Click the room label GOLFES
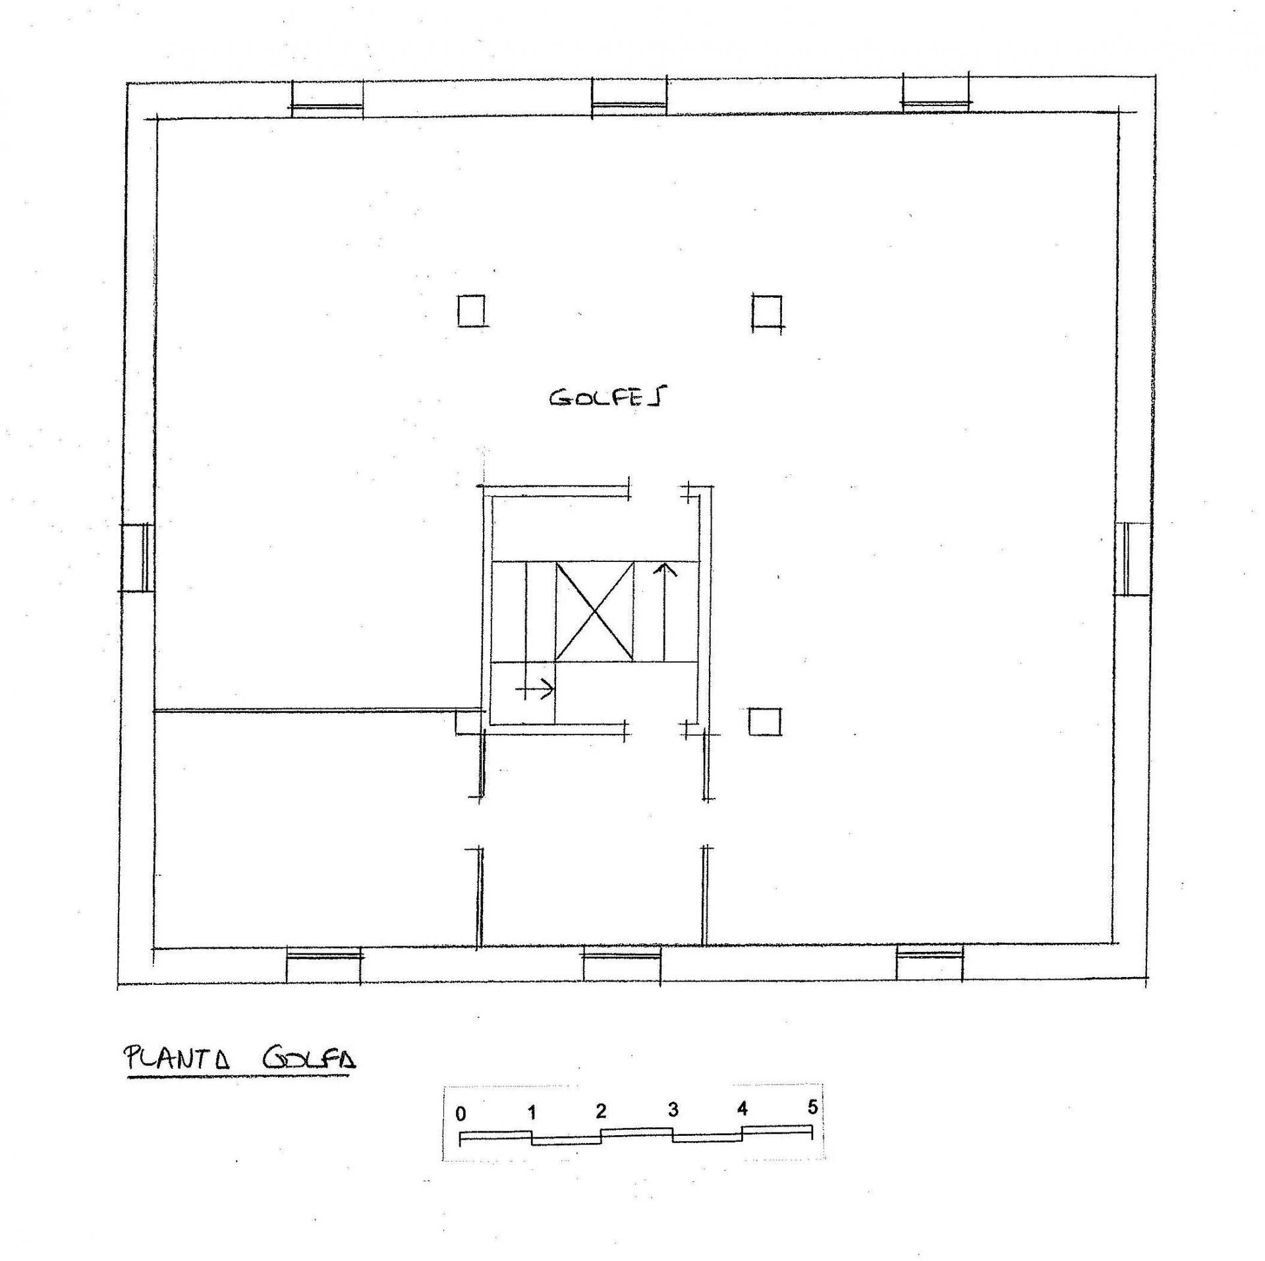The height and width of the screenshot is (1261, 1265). tap(607, 397)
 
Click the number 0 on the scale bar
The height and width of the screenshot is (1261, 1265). tap(461, 1113)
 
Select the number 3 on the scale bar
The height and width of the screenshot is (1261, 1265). tap(672, 1110)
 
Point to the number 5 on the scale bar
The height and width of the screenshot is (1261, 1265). tap(812, 1107)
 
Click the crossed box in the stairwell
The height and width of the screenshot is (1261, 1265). tap(594, 611)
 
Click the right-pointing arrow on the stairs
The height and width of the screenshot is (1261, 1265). tap(536, 690)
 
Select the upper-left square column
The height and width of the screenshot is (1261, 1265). tap(471, 310)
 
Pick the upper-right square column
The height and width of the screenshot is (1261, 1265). tap(767, 312)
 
